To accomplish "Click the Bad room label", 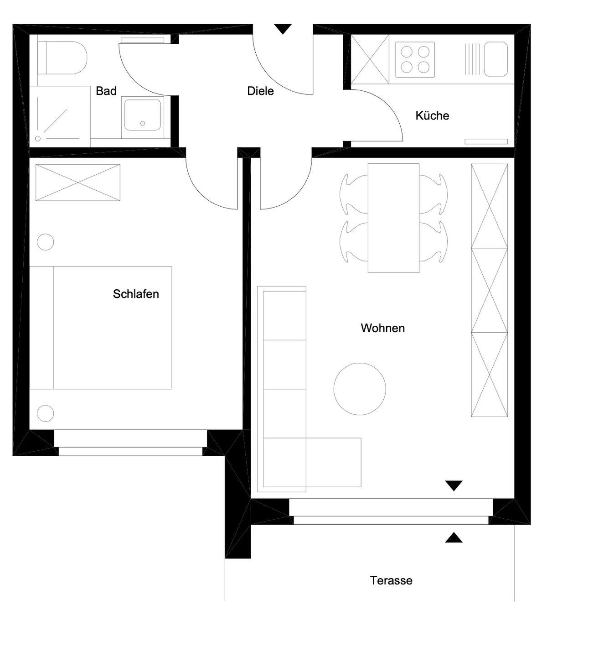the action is (106, 91).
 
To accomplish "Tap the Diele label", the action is (261, 91).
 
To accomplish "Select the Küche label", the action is (432, 115).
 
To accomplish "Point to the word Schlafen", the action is (136, 294).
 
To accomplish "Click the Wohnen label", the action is (383, 328).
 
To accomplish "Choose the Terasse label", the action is (391, 580).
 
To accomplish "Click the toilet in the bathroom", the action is (62, 57).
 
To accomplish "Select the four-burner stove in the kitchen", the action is (415, 60).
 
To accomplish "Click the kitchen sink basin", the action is (495, 59).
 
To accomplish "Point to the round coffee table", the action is (360, 389).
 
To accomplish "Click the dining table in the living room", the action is (393, 218).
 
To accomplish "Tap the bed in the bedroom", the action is (100, 328).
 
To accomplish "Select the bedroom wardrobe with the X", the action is (77, 182).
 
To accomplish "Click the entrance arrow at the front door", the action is (283, 29).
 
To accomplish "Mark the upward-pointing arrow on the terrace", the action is (454, 537).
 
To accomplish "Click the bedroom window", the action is (130, 443).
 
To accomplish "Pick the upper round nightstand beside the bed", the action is (45, 242).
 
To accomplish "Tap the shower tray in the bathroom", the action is (60, 116).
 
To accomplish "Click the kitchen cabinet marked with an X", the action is (370, 59).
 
